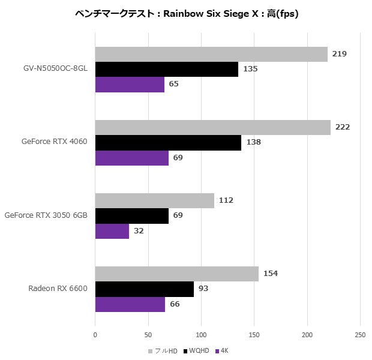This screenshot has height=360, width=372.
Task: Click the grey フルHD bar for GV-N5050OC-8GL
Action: [x=211, y=54]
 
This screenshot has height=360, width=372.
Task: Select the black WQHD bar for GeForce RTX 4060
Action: [x=168, y=142]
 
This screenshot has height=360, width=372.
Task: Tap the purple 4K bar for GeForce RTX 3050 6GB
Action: [x=112, y=230]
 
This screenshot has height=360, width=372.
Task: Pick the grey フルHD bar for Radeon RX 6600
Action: [x=176, y=274]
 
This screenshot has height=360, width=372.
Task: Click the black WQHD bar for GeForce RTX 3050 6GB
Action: [x=132, y=215]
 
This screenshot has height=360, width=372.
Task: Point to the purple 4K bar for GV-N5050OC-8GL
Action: [x=130, y=84]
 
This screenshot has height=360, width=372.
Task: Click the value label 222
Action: [x=343, y=127]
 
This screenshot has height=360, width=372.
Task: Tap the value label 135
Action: [x=250, y=69]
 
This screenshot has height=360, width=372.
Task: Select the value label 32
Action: [x=139, y=230]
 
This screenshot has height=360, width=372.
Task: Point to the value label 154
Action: [x=271, y=274]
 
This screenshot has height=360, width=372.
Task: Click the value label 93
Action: [x=204, y=289]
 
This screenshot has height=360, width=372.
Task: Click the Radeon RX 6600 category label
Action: [x=58, y=289]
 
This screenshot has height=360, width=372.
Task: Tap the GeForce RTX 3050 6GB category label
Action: [x=46, y=215]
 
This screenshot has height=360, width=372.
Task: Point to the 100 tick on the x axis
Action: [x=201, y=334]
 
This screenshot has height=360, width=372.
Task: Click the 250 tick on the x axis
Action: [x=360, y=334]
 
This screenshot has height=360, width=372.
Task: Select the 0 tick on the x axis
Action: [x=95, y=334]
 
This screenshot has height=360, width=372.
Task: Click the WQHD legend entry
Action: [x=198, y=350]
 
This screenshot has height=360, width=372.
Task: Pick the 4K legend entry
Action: [x=224, y=350]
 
